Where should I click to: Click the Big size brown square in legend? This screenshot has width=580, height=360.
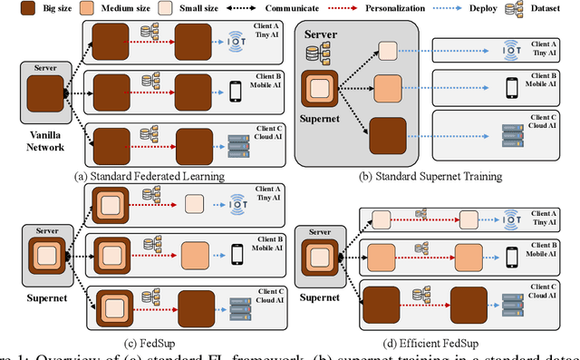tap(12, 9)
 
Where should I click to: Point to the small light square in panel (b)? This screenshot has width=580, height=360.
tap(387, 51)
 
